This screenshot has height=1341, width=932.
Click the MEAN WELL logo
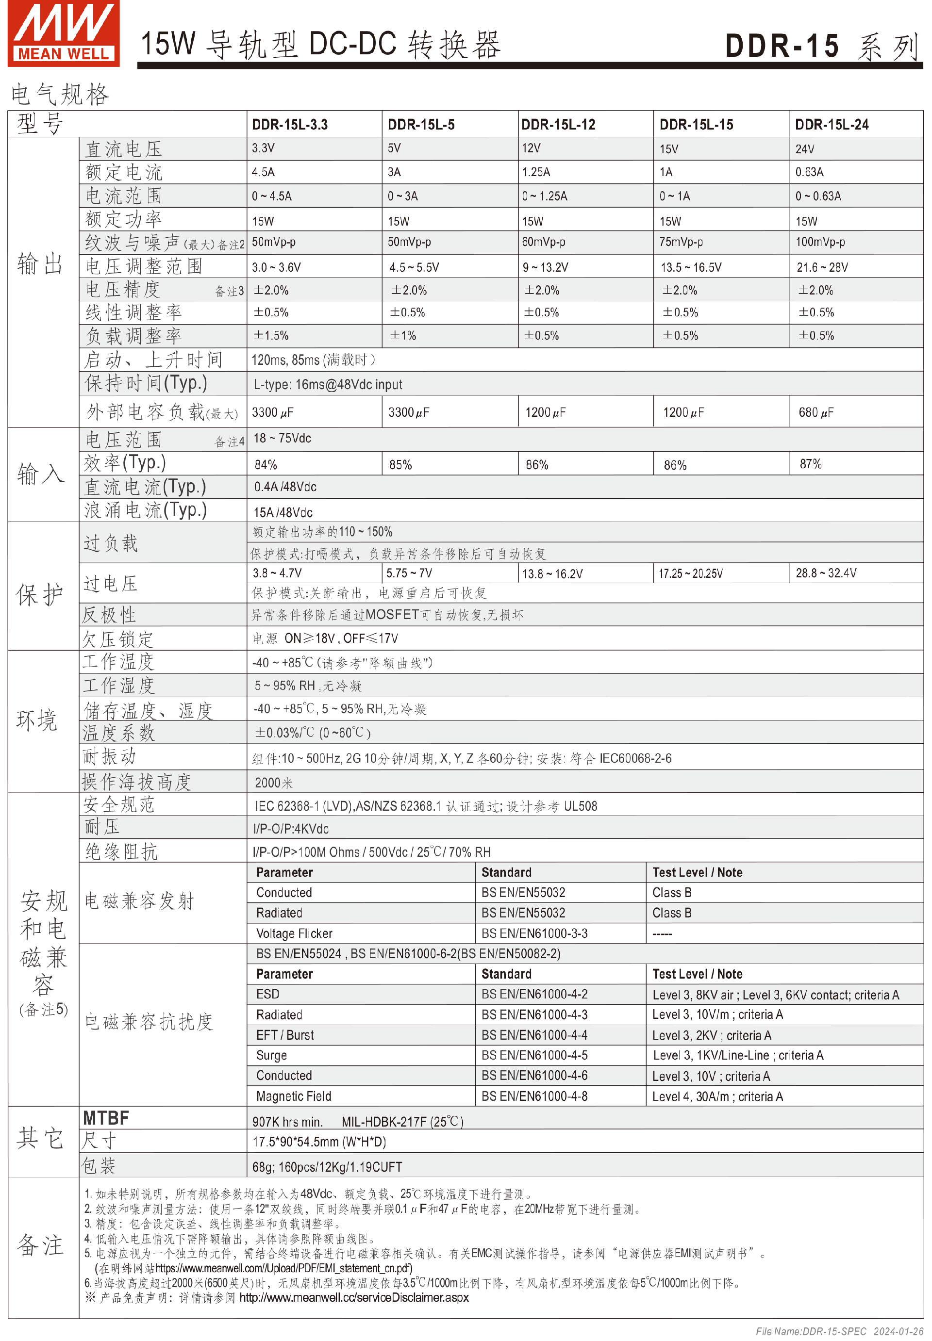[63, 33]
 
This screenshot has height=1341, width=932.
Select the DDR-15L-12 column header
[558, 124]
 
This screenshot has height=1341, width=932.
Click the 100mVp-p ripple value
[819, 242]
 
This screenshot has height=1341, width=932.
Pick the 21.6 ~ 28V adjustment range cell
[822, 267]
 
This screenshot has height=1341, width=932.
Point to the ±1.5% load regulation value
[271, 336]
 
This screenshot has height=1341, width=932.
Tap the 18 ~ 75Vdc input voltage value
[282, 438]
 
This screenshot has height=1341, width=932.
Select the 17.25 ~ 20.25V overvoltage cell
[690, 573]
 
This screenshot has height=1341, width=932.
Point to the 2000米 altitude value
[273, 783]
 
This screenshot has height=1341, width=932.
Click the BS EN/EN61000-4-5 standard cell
[534, 1055]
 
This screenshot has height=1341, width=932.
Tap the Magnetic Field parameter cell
[293, 1096]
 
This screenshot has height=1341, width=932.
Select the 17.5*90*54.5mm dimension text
[319, 1142]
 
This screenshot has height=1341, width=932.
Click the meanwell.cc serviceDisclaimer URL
[353, 1297]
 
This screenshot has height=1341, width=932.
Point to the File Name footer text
[839, 1331]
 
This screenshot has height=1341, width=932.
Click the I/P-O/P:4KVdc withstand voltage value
[290, 829]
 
